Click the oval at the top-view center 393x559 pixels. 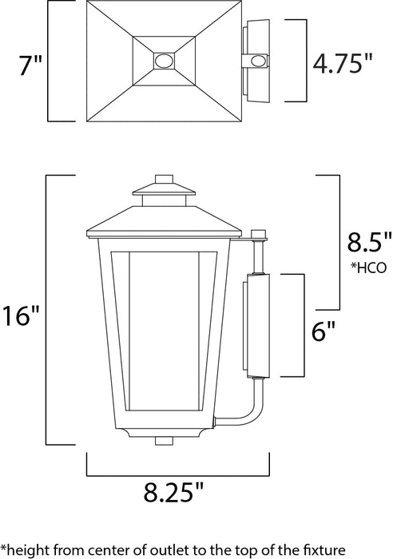[x=165, y=61]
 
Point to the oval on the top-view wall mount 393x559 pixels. [x=258, y=61]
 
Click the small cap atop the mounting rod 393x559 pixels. [x=258, y=235]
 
